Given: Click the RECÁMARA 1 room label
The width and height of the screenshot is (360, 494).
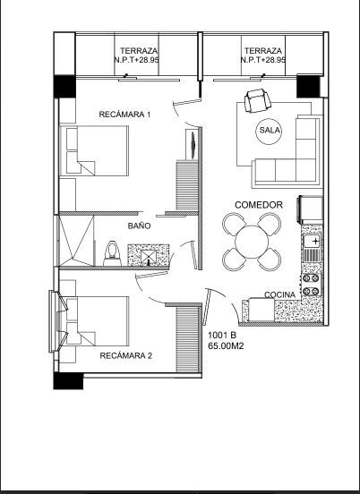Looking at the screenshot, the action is pos(124,115).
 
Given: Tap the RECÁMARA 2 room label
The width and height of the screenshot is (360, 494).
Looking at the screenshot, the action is pos(126,355).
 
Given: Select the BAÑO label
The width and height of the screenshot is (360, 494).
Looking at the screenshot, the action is pos(139,226).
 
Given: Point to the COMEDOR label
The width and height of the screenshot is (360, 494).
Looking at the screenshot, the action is pos(259,205).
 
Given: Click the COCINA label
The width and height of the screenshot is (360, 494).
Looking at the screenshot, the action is pos(280,295).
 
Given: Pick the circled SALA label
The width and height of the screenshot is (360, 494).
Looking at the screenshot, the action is pos(270,130).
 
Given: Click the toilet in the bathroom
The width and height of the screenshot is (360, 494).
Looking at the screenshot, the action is pos(113,253).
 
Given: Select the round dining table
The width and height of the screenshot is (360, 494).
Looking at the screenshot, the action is pos(252,242).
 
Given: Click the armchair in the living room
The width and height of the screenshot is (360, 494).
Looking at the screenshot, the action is pos(258,101).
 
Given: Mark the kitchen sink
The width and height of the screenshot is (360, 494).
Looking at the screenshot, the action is pos(312,242).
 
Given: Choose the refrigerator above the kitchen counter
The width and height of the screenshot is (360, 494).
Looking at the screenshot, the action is pos(310,209).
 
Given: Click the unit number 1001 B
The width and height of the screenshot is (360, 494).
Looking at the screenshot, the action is pos(222,336).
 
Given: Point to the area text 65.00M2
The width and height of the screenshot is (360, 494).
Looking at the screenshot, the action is pos(226,346).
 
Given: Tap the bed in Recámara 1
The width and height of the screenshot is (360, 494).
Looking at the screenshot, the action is pos(94,151).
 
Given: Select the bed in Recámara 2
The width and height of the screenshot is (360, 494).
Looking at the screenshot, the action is pos(94,321).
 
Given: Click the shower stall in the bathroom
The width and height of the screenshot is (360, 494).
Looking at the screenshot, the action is pos(76,241).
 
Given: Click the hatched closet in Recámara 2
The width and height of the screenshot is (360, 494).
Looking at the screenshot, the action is pos(187,340).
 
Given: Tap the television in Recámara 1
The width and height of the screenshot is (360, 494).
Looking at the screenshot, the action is pos(193,144).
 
